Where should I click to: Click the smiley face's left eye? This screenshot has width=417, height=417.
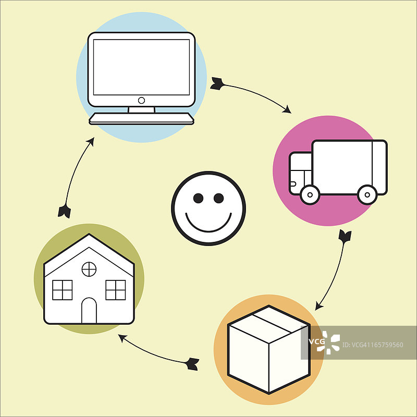(198, 198)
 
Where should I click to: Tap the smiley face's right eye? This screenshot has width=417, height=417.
(218, 198)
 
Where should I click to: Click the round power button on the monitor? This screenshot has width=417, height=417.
(141, 100)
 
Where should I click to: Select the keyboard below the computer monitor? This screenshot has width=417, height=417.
(141, 118)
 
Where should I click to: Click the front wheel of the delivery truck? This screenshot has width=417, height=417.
(310, 194)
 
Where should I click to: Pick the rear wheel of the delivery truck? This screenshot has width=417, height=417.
(367, 194)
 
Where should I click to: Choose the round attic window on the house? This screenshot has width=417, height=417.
(89, 269)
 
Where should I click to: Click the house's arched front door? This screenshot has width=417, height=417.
(89, 311)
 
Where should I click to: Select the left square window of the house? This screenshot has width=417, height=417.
(63, 290)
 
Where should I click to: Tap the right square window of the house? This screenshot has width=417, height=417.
(116, 290)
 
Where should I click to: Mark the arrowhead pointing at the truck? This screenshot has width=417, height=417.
(287, 110)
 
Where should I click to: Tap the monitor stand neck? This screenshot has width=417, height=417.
(141, 109)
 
